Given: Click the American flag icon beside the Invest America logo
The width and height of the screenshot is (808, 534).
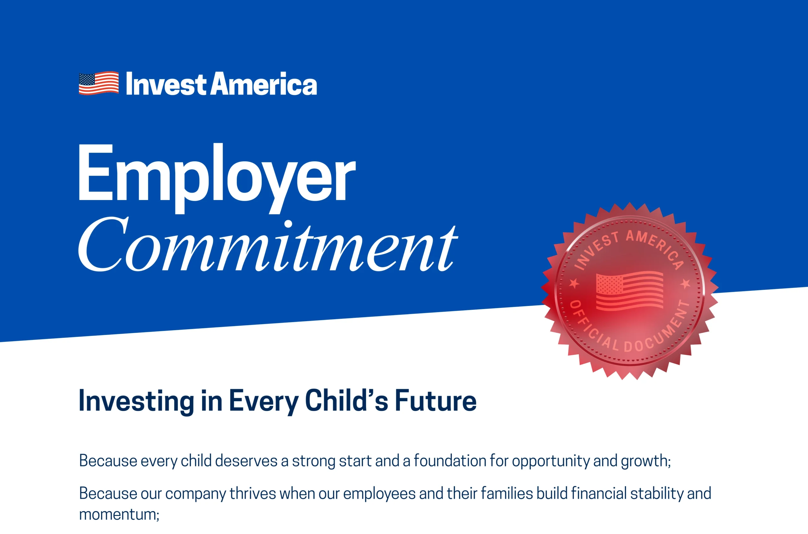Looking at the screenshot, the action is [99, 83].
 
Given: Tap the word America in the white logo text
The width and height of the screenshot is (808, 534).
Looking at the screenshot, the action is [264, 84].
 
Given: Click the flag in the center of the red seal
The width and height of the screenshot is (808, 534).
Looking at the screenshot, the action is [629, 290].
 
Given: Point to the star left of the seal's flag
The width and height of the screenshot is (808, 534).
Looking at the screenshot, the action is [574, 283].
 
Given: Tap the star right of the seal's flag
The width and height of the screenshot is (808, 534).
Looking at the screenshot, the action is [686, 283].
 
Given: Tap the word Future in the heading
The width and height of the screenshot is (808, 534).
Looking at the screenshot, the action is [436, 401].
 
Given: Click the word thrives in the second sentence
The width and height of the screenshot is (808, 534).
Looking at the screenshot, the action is [252, 494].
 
